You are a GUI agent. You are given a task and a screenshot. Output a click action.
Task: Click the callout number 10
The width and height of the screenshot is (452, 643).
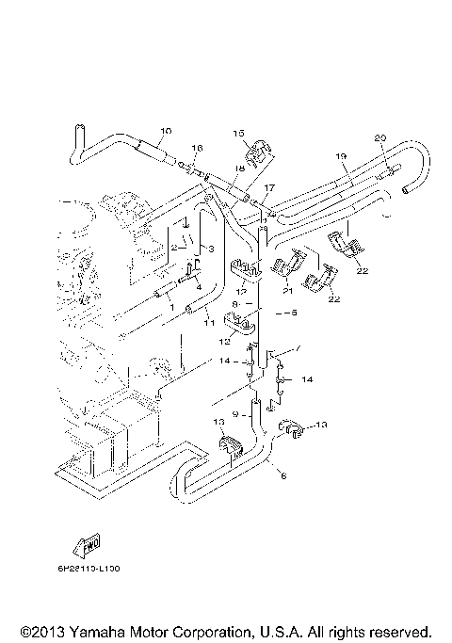[166, 130]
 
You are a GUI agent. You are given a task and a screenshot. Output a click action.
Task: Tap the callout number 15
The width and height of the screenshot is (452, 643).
[238, 133]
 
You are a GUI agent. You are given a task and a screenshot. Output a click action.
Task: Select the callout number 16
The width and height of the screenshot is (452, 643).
[197, 149]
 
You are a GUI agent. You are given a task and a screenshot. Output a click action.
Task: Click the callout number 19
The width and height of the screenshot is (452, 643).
[341, 155]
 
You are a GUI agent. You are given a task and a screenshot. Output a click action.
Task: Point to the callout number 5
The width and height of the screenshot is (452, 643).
[293, 312]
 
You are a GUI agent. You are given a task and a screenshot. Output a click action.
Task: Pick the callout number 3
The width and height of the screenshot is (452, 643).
[211, 249]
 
